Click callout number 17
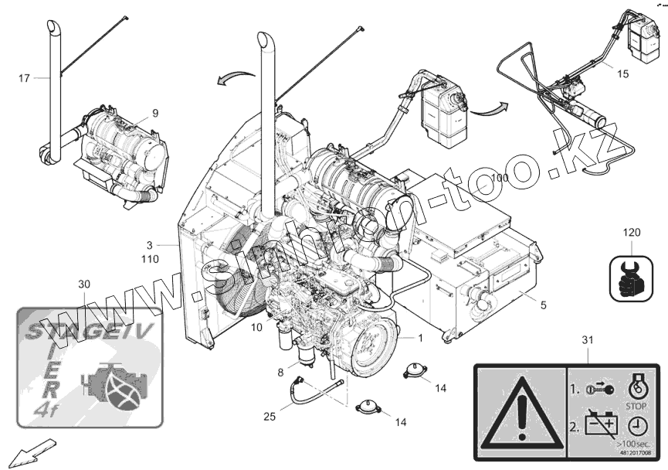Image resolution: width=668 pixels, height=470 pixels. pyautogui.click(x=24, y=77)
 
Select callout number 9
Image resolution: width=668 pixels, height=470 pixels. pyautogui.click(x=154, y=113)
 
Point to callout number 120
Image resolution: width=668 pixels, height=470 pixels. pyautogui.click(x=632, y=232)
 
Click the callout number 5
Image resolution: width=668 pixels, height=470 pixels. pyautogui.click(x=543, y=305)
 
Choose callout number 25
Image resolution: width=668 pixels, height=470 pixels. pyautogui.click(x=269, y=417)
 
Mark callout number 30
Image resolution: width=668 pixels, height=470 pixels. pyautogui.click(x=85, y=284)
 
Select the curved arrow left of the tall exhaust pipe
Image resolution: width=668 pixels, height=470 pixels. pyautogui.click(x=236, y=76)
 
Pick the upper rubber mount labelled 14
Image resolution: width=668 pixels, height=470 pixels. pyautogui.click(x=416, y=370)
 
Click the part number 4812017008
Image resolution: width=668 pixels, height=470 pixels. pyautogui.click(x=636, y=453)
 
